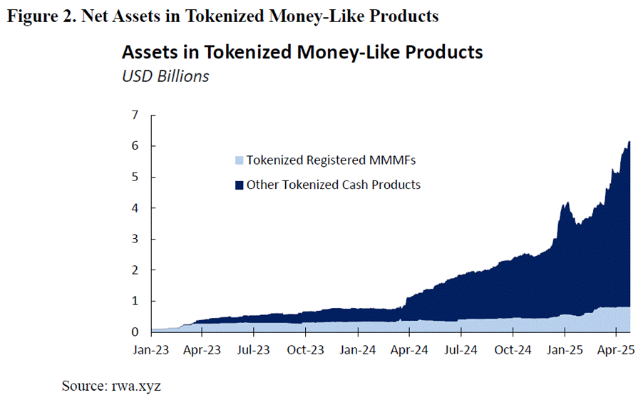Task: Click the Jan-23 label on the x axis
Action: point(150,350)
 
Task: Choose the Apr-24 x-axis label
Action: point(409,350)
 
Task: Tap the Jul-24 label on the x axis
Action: point(461,350)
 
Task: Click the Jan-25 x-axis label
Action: point(565,350)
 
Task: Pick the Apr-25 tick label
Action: point(616,350)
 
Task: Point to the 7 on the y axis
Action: point(133,115)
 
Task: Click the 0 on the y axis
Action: point(133,332)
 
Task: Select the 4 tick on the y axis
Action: point(133,208)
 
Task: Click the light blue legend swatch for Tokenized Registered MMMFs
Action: point(239,160)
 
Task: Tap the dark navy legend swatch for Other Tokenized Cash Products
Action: point(239,185)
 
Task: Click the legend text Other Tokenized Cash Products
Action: point(333,185)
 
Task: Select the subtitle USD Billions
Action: point(165,76)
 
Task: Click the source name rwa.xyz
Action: point(140,386)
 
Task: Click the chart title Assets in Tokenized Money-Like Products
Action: point(302,52)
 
